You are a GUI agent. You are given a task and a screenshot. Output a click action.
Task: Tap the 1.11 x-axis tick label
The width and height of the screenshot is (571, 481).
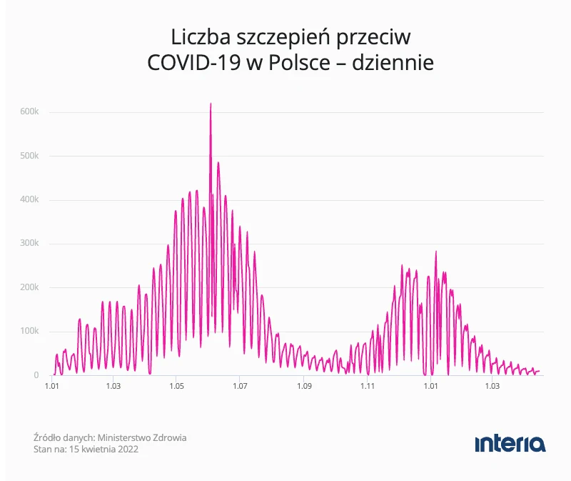367,387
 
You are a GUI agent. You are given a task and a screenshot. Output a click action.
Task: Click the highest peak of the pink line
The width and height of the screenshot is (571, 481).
211,104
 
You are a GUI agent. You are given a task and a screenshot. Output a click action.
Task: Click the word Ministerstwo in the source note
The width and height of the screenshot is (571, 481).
123,437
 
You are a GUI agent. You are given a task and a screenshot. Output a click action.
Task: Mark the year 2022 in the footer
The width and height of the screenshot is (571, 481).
128,450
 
